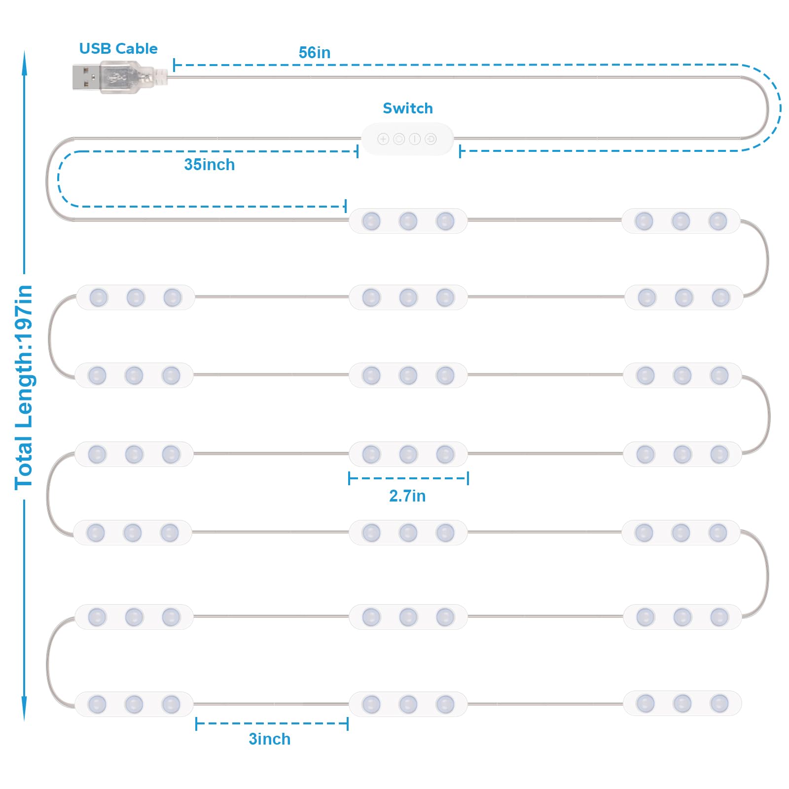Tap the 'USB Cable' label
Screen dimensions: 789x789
(x=118, y=49)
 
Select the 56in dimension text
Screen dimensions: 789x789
(x=315, y=53)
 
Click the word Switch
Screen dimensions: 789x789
(x=408, y=108)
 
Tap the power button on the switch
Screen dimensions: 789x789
(x=415, y=139)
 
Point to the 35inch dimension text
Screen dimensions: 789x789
(x=210, y=165)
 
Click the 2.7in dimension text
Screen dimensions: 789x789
(x=407, y=496)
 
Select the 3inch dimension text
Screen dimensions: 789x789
(x=270, y=739)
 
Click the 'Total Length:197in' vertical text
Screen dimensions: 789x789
(x=24, y=388)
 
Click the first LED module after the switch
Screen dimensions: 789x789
(x=408, y=221)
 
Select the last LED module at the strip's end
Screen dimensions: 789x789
(x=682, y=704)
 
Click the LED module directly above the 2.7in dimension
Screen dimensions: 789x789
(x=408, y=454)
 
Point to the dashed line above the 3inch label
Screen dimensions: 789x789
(x=272, y=724)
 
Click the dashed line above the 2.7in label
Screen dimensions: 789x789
(x=408, y=478)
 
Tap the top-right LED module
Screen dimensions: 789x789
(x=681, y=221)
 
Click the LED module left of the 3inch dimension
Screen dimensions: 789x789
(x=134, y=704)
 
